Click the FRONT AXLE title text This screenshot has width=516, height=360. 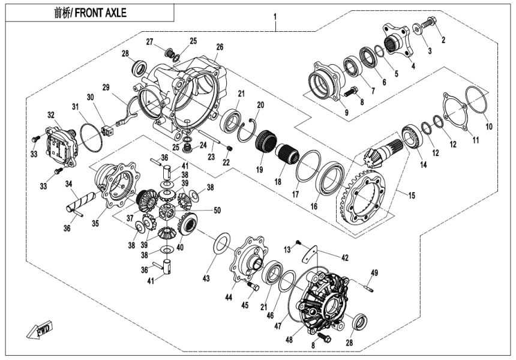[x=90, y=13]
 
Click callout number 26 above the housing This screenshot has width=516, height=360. [x=220, y=47]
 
